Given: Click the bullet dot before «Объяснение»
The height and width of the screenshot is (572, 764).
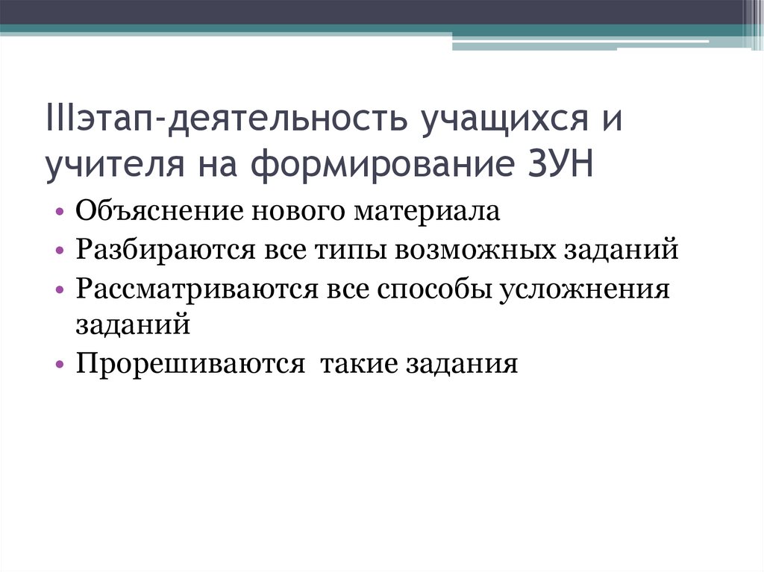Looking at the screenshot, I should (x=59, y=213).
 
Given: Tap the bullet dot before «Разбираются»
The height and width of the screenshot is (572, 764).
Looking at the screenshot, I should (x=59, y=251).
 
